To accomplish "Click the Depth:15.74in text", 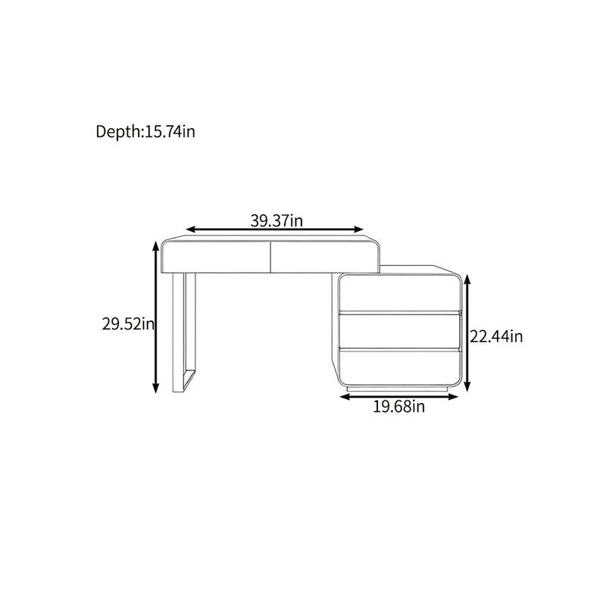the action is pos(145,132).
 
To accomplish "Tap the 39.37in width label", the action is pos(276,220).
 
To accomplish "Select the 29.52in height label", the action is pos(128,324).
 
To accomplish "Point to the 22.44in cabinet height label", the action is pos(496,336).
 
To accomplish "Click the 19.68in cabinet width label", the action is pos(398,407).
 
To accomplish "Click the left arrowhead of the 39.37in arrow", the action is pos(191,230).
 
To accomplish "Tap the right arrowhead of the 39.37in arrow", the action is pos(358,230).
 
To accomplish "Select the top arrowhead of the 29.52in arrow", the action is pos(155,245).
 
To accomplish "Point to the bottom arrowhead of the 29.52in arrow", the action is pos(155,388).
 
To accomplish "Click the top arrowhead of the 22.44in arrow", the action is pos(467,280).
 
